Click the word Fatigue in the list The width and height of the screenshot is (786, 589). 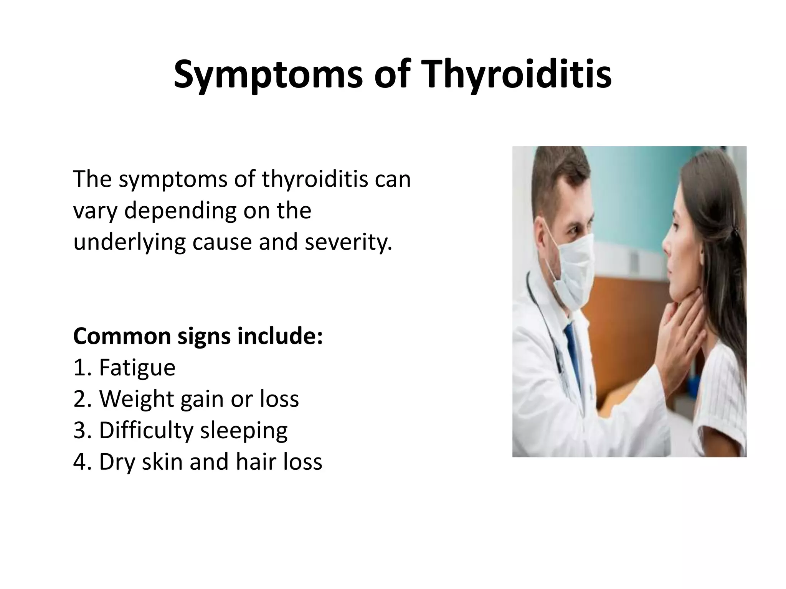coord(137,368)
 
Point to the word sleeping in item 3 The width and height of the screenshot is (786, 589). coord(244,431)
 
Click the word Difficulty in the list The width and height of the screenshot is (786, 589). coord(146,431)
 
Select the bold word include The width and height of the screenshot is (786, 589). coord(280,336)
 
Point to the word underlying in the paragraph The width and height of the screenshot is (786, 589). coord(130,243)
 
